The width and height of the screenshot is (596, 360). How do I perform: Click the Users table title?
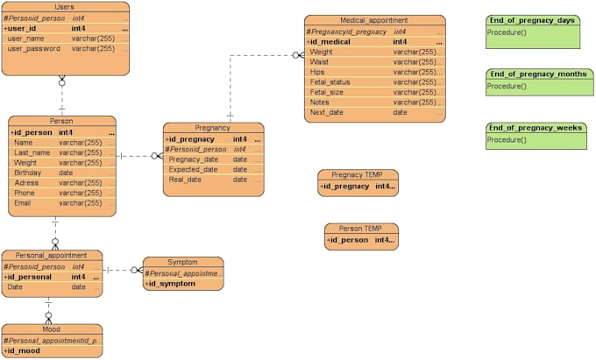[x=64, y=7]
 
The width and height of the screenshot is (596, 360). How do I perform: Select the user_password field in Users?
[x=34, y=49]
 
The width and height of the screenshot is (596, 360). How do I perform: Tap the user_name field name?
[x=26, y=39]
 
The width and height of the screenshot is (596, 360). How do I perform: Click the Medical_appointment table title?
[x=374, y=20]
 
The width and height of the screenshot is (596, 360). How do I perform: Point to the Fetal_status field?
[x=329, y=82]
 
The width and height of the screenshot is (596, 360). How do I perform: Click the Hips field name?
[x=317, y=72]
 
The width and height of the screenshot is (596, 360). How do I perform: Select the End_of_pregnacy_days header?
[x=532, y=20]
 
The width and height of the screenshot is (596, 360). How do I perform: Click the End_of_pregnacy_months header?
[x=537, y=74]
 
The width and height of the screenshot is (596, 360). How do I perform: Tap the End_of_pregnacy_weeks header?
[x=534, y=128]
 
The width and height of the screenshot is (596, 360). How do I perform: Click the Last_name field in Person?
[x=32, y=152]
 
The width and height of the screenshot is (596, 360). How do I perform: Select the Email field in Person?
[x=23, y=203]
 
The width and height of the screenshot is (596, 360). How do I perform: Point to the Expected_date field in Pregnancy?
[x=194, y=169]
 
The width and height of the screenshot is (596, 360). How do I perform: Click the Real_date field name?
[x=185, y=180]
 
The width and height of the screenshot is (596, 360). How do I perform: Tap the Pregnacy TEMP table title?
[x=358, y=175]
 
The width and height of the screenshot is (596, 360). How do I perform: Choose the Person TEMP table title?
[x=361, y=229]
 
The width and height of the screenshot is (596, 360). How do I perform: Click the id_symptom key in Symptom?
[x=170, y=284]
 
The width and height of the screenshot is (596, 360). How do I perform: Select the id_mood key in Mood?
[x=24, y=350]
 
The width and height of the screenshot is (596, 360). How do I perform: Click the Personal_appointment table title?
[x=51, y=256]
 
